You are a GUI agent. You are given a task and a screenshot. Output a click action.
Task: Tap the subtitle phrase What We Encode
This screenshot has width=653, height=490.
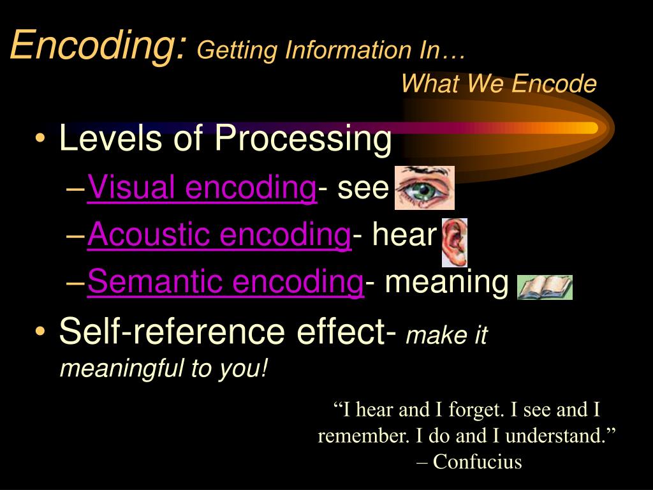(x=499, y=84)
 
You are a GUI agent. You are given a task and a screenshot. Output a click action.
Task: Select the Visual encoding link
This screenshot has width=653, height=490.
(x=202, y=188)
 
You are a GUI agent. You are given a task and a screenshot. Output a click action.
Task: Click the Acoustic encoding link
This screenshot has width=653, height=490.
(x=219, y=235)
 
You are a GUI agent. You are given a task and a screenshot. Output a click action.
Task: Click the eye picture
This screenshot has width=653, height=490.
(x=424, y=188)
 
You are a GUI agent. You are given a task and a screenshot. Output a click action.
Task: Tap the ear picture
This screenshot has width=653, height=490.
(x=455, y=242)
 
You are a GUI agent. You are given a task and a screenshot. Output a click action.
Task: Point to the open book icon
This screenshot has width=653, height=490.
(x=544, y=287)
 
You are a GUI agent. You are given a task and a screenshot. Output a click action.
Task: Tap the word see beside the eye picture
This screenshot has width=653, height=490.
(x=363, y=188)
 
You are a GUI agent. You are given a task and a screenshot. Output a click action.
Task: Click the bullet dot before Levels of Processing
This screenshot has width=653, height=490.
(x=41, y=140)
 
